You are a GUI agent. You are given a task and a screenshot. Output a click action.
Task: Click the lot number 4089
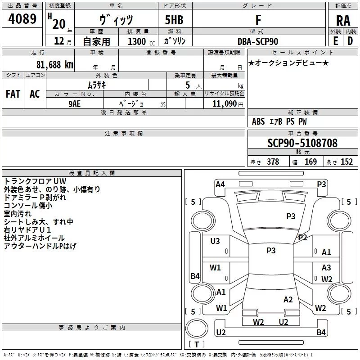click(x=22, y=19)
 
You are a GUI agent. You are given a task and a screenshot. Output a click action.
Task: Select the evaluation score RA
click(x=343, y=21)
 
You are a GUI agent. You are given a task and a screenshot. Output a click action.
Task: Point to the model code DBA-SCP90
click(x=258, y=41)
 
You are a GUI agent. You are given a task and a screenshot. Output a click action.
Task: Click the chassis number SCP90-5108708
click(x=302, y=144)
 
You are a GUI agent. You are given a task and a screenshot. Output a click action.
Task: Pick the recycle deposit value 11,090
click(x=224, y=103)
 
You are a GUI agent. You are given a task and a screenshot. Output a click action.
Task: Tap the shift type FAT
click(x=13, y=94)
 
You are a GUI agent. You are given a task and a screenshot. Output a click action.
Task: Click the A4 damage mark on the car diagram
click(x=220, y=184)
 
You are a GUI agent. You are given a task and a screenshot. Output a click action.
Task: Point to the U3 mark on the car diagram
click(x=215, y=241)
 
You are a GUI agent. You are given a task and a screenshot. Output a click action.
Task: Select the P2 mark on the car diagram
click(x=302, y=238)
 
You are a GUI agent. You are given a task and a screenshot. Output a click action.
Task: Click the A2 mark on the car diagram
click(x=288, y=300)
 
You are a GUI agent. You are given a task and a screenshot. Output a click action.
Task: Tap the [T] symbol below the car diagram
click(x=196, y=345)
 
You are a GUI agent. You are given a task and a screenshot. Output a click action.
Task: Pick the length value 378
click(x=273, y=162)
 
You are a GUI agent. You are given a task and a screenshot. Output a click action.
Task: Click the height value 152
click(x=346, y=162)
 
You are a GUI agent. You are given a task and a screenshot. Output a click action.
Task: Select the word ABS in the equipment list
click(x=258, y=121)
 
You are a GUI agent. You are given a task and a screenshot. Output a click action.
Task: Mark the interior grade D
click(x=350, y=40)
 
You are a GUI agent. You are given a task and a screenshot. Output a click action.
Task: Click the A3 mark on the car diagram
click(x=326, y=268)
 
